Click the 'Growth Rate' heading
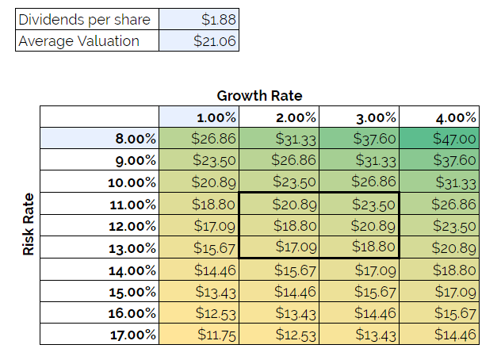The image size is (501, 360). click(259, 96)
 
